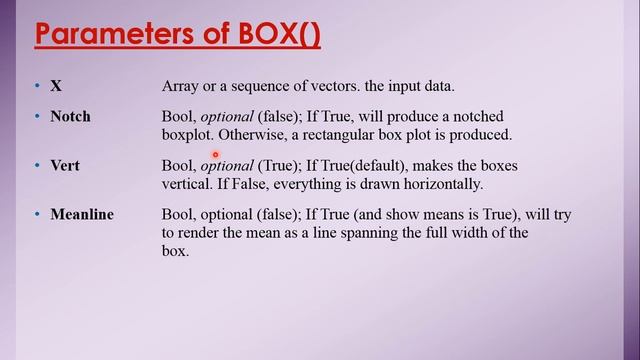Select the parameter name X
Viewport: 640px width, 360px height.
[x=56, y=87]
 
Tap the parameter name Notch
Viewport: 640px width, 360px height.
[x=70, y=116]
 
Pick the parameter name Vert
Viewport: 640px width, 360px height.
[x=65, y=165]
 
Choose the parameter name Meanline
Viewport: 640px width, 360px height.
[x=82, y=214]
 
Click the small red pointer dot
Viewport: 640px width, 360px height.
[x=214, y=154]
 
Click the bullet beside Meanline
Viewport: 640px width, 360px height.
[x=37, y=215]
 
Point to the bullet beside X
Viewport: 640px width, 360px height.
[x=37, y=88]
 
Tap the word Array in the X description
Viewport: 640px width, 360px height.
[x=182, y=88]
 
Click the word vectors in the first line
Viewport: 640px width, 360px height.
[x=349, y=88]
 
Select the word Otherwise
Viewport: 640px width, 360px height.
[x=251, y=134]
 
